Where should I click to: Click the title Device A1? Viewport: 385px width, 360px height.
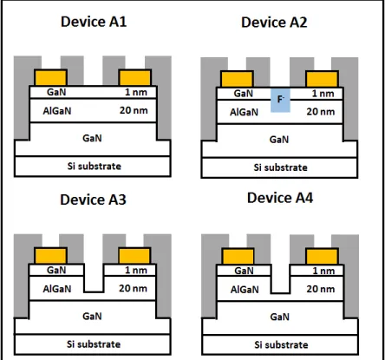click(94, 22)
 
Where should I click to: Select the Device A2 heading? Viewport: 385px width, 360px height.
click(274, 23)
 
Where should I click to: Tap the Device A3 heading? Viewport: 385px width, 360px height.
click(93, 200)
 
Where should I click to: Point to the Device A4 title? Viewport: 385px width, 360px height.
click(280, 198)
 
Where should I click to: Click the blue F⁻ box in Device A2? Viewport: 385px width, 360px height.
click(280, 101)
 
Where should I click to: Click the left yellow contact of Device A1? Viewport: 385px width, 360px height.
click(51, 77)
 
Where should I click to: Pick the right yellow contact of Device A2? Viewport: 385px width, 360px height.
click(323, 79)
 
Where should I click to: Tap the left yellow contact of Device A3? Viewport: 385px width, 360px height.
click(51, 256)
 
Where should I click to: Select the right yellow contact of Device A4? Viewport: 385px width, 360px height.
click(323, 257)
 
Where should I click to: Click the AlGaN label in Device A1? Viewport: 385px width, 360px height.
click(57, 111)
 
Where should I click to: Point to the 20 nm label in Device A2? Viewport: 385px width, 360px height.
click(321, 112)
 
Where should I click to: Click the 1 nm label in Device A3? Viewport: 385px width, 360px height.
click(136, 271)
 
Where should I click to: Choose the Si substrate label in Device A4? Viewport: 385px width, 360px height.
click(281, 344)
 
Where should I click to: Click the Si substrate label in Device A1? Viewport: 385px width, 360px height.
click(95, 166)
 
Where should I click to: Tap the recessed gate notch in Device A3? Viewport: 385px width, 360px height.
click(94, 278)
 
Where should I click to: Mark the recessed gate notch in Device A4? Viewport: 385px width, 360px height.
click(281, 279)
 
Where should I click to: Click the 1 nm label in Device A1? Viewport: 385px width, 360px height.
click(136, 92)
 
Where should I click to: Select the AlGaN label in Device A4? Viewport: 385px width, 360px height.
click(245, 290)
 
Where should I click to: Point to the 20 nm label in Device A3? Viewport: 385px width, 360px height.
click(133, 288)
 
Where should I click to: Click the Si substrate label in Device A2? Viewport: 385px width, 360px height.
click(280, 167)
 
